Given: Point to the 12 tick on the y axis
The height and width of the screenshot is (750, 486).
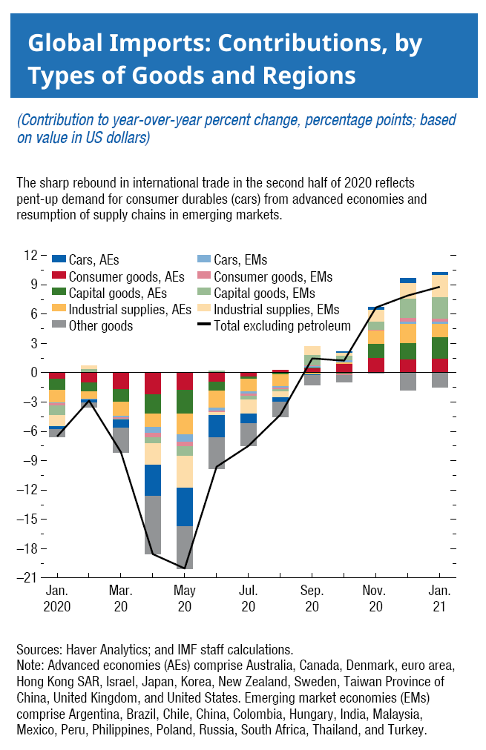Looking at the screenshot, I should pos(30,255).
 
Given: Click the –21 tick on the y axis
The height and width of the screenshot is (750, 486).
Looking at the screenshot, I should pos(27,578).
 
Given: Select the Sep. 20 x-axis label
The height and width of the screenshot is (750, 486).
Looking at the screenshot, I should pos(312,599).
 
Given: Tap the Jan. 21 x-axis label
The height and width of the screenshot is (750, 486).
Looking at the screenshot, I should pos(440,599).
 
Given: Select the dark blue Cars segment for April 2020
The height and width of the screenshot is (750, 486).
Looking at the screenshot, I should pos(153,480).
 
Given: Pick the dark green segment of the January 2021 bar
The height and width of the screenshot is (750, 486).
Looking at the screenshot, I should pos(440,348).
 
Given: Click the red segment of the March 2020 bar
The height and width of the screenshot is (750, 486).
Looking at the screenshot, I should pos(120,381).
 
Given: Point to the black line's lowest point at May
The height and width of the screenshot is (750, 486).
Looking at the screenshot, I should pos(184,568).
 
